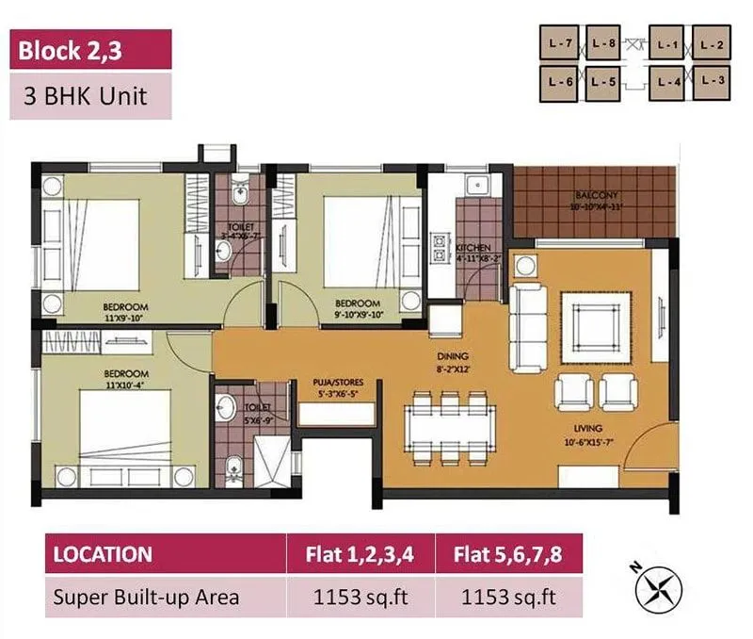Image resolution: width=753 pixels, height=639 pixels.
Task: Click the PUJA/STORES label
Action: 337,383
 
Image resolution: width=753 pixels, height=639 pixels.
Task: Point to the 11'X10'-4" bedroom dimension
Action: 125,384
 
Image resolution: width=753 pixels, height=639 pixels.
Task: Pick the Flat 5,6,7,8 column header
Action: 509,553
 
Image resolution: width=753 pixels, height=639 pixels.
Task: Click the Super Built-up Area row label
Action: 146,597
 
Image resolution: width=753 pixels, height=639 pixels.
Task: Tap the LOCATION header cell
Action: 103,553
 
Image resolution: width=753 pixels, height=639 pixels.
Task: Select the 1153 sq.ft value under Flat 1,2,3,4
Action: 360,597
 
